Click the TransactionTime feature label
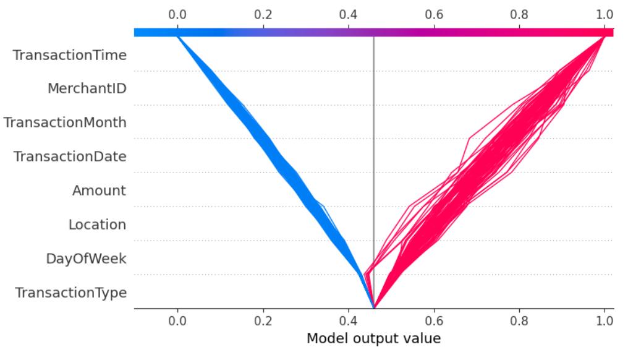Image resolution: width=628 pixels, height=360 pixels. [69, 55]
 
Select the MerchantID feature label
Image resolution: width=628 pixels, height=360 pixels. [87, 88]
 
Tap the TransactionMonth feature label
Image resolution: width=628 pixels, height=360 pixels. [65, 122]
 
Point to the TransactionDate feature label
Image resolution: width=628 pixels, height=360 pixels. [70, 156]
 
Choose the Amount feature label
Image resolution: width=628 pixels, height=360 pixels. [99, 191]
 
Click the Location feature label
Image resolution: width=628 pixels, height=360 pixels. [97, 225]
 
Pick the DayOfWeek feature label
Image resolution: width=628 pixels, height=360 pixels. [86, 259]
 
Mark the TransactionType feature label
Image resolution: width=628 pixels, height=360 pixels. [70, 293]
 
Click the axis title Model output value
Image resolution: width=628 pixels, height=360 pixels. [373, 338]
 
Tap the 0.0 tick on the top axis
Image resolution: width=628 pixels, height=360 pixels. [177, 14]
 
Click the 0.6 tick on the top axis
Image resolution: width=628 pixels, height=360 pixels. [435, 14]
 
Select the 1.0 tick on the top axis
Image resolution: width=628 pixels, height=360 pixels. [605, 14]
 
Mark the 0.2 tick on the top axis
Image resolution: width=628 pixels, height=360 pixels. [263, 14]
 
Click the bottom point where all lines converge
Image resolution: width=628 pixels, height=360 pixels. [374, 307]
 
